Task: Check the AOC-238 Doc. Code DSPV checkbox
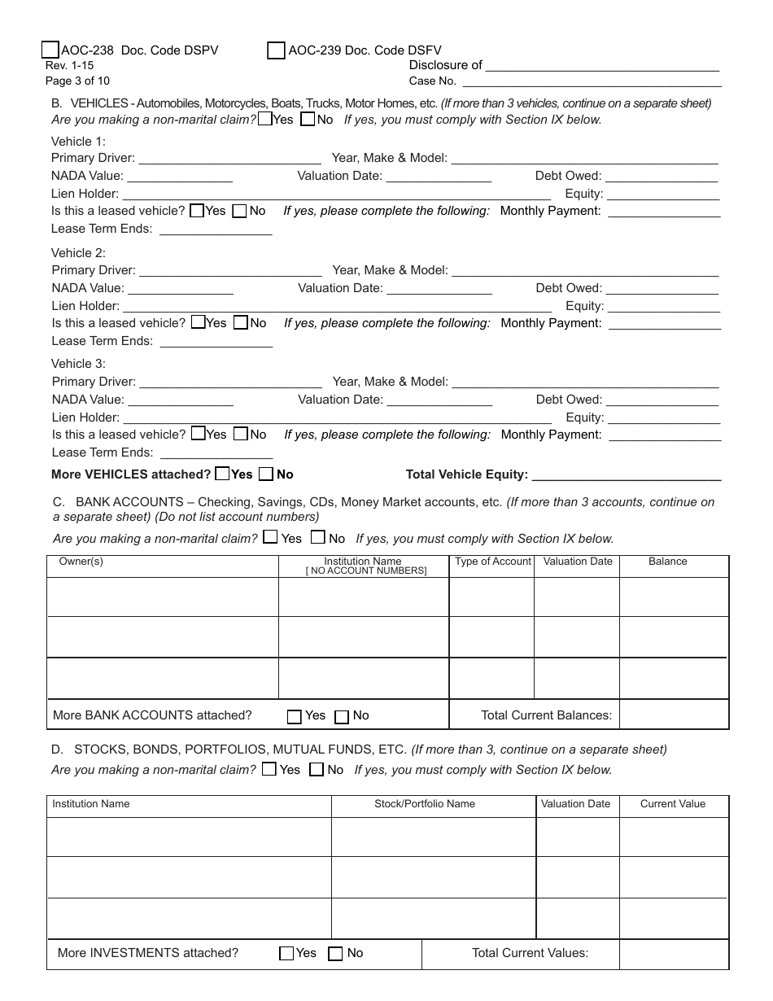click(x=50, y=50)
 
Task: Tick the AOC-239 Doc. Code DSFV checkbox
click(x=276, y=50)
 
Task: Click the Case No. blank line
click(x=592, y=81)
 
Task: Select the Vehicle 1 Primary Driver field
click(x=230, y=158)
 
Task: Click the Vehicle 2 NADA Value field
click(x=181, y=288)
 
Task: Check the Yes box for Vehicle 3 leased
click(x=198, y=434)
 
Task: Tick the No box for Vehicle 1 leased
click(x=240, y=211)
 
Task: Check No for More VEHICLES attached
click(x=266, y=474)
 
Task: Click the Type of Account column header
click(x=492, y=562)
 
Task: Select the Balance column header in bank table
click(x=668, y=562)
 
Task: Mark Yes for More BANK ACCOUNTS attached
click(x=295, y=717)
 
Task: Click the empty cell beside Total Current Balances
click(x=674, y=715)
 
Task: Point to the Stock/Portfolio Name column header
click(x=425, y=804)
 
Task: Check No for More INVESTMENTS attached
click(x=335, y=954)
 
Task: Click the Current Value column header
click(x=673, y=804)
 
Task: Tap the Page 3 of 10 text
click(x=77, y=81)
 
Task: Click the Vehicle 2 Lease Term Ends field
click(x=216, y=342)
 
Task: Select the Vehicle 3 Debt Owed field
click(x=662, y=400)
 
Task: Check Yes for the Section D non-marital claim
click(x=269, y=769)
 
